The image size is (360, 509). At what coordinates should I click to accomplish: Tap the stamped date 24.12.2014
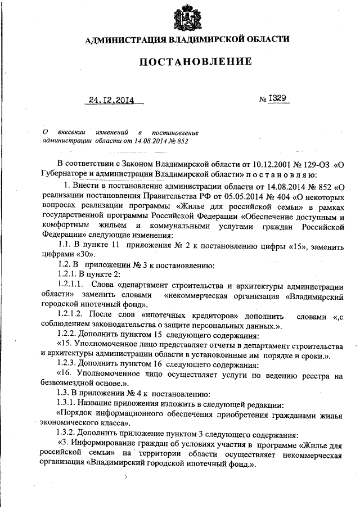[112, 101]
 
